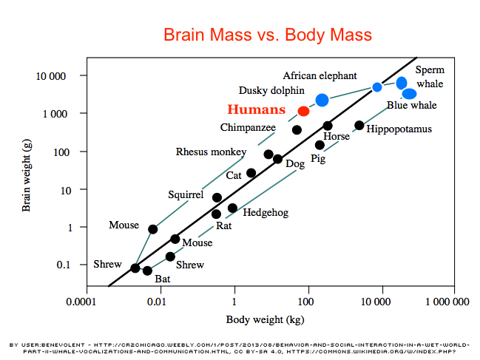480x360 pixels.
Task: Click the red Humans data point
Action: coord(303,111)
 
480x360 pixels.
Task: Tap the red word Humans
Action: coord(256,109)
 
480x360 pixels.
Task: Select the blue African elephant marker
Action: coord(322,100)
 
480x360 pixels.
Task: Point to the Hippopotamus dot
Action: coord(359,126)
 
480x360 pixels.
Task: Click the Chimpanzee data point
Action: coord(297,130)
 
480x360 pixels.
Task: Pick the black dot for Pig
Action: coord(320,145)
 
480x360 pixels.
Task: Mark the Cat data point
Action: coord(251,173)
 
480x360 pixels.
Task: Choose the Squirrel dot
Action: coord(217,197)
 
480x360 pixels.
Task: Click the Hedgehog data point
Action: coord(232,208)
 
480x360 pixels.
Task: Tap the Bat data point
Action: coord(147,271)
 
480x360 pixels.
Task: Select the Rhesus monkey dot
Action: coord(268,154)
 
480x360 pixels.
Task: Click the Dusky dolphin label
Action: coord(271,89)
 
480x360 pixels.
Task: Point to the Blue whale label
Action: coord(411,106)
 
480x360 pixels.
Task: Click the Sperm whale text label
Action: coord(430,76)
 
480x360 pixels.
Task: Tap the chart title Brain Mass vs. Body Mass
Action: coord(267,35)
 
